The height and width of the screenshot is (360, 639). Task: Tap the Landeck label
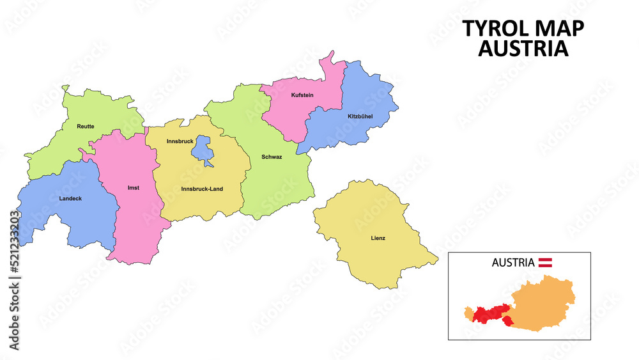70,198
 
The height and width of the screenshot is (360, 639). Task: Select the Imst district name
134,188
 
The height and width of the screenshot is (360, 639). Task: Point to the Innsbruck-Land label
202,189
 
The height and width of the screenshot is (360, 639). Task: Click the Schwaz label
272,156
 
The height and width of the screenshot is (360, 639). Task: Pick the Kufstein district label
302,95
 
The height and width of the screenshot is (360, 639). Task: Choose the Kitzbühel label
360,116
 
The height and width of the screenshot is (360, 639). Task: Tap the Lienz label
378,239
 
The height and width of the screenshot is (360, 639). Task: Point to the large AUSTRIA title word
523,49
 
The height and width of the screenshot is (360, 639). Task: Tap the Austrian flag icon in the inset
546,262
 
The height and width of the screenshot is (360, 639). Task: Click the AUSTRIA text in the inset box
512,262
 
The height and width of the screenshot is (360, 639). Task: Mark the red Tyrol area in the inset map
489,313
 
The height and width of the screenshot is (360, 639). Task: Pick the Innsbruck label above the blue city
180,141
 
